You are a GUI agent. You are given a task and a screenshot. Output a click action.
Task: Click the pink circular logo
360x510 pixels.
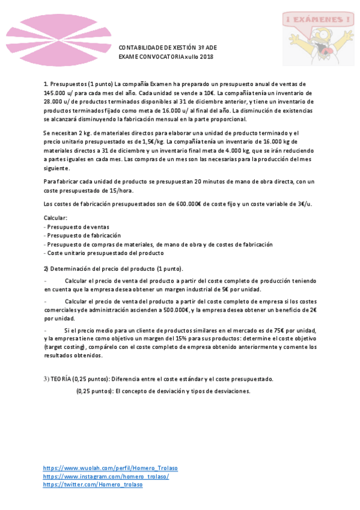[47, 37]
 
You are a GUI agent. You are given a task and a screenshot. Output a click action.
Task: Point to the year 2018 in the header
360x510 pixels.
[206, 57]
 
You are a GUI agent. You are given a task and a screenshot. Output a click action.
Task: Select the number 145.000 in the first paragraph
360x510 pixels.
[55, 93]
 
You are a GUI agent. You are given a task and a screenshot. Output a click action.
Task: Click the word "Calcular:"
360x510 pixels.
[56, 217]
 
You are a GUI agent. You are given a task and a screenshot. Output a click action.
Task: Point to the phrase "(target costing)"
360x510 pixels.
[66, 347]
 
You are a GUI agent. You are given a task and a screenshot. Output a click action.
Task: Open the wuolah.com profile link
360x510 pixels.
[110, 467]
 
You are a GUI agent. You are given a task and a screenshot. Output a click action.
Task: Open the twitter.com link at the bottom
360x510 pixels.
[93, 484]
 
